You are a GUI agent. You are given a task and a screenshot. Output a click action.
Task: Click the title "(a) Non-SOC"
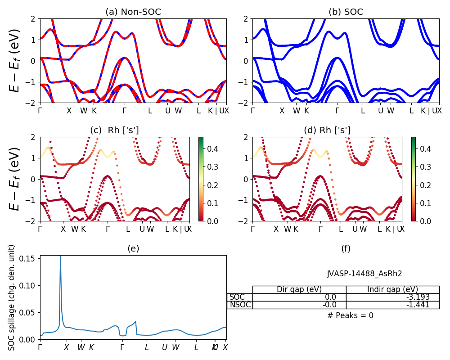(133, 12)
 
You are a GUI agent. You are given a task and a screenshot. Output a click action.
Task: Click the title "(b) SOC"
(346, 12)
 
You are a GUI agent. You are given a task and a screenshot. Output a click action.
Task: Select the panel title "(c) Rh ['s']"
(114, 130)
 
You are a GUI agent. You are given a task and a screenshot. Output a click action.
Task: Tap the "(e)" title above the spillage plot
(133, 248)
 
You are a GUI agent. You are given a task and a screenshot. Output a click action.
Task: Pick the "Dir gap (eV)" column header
(299, 289)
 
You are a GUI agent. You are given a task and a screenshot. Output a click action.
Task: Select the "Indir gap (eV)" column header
(392, 289)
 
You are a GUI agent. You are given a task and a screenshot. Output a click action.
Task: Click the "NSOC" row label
(240, 305)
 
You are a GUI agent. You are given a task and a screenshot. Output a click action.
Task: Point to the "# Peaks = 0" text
(351, 315)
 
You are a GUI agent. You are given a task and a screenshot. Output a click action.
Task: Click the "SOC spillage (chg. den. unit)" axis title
(12, 297)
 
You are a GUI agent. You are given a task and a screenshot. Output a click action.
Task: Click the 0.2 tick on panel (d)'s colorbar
(419, 185)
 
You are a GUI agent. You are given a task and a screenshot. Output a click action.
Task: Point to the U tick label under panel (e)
(164, 347)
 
